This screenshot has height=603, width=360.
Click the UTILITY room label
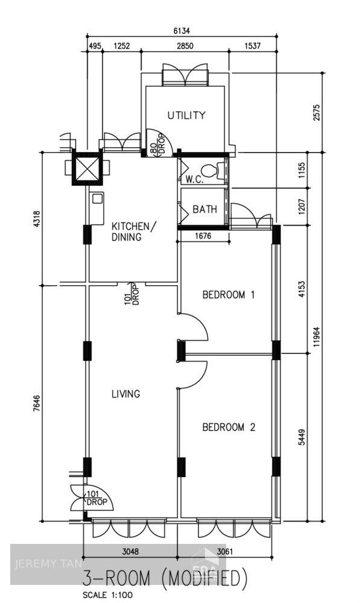[x=186, y=115]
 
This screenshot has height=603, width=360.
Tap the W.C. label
[x=194, y=179]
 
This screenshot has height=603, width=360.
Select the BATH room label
[x=204, y=210]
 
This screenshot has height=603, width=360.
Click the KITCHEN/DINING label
[x=133, y=232]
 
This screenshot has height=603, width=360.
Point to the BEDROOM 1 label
[x=229, y=295]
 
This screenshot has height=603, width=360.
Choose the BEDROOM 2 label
[x=229, y=427]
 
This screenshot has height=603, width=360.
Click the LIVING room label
[x=125, y=394]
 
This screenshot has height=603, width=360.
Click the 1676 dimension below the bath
[x=204, y=236]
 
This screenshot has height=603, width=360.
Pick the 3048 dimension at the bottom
[x=130, y=551]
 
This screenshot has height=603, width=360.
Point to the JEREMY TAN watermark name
[x=40, y=564]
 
